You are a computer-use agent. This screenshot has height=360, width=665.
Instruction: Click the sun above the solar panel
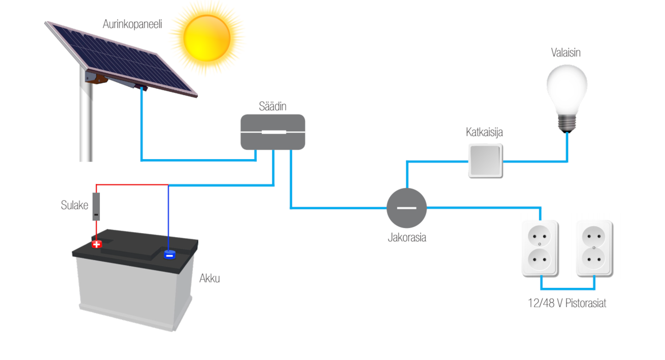206,38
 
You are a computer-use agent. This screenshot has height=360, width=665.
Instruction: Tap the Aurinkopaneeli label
132,24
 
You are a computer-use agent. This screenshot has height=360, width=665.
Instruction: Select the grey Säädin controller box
273,132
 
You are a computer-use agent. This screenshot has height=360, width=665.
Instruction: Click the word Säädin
273,107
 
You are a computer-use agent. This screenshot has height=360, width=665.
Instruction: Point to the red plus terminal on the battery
97,244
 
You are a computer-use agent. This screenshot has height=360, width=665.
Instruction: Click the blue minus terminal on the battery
169,254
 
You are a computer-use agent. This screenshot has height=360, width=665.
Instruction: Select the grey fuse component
96,207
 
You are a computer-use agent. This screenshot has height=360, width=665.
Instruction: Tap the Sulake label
74,205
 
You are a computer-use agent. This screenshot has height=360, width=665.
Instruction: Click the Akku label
210,279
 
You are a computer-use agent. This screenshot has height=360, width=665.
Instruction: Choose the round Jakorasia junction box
406,208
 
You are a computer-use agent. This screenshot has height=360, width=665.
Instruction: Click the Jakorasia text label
406,238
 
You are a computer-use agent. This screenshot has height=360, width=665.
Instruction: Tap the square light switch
485,161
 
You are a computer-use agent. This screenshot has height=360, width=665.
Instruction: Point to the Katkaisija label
484,132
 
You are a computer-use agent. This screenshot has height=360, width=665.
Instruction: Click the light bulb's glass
567,88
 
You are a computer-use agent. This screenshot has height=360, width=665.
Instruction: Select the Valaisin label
566,53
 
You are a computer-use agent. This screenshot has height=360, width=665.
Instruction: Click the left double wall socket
540,249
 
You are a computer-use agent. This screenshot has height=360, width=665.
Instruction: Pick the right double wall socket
594,249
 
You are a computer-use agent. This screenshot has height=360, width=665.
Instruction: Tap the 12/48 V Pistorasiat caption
567,304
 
